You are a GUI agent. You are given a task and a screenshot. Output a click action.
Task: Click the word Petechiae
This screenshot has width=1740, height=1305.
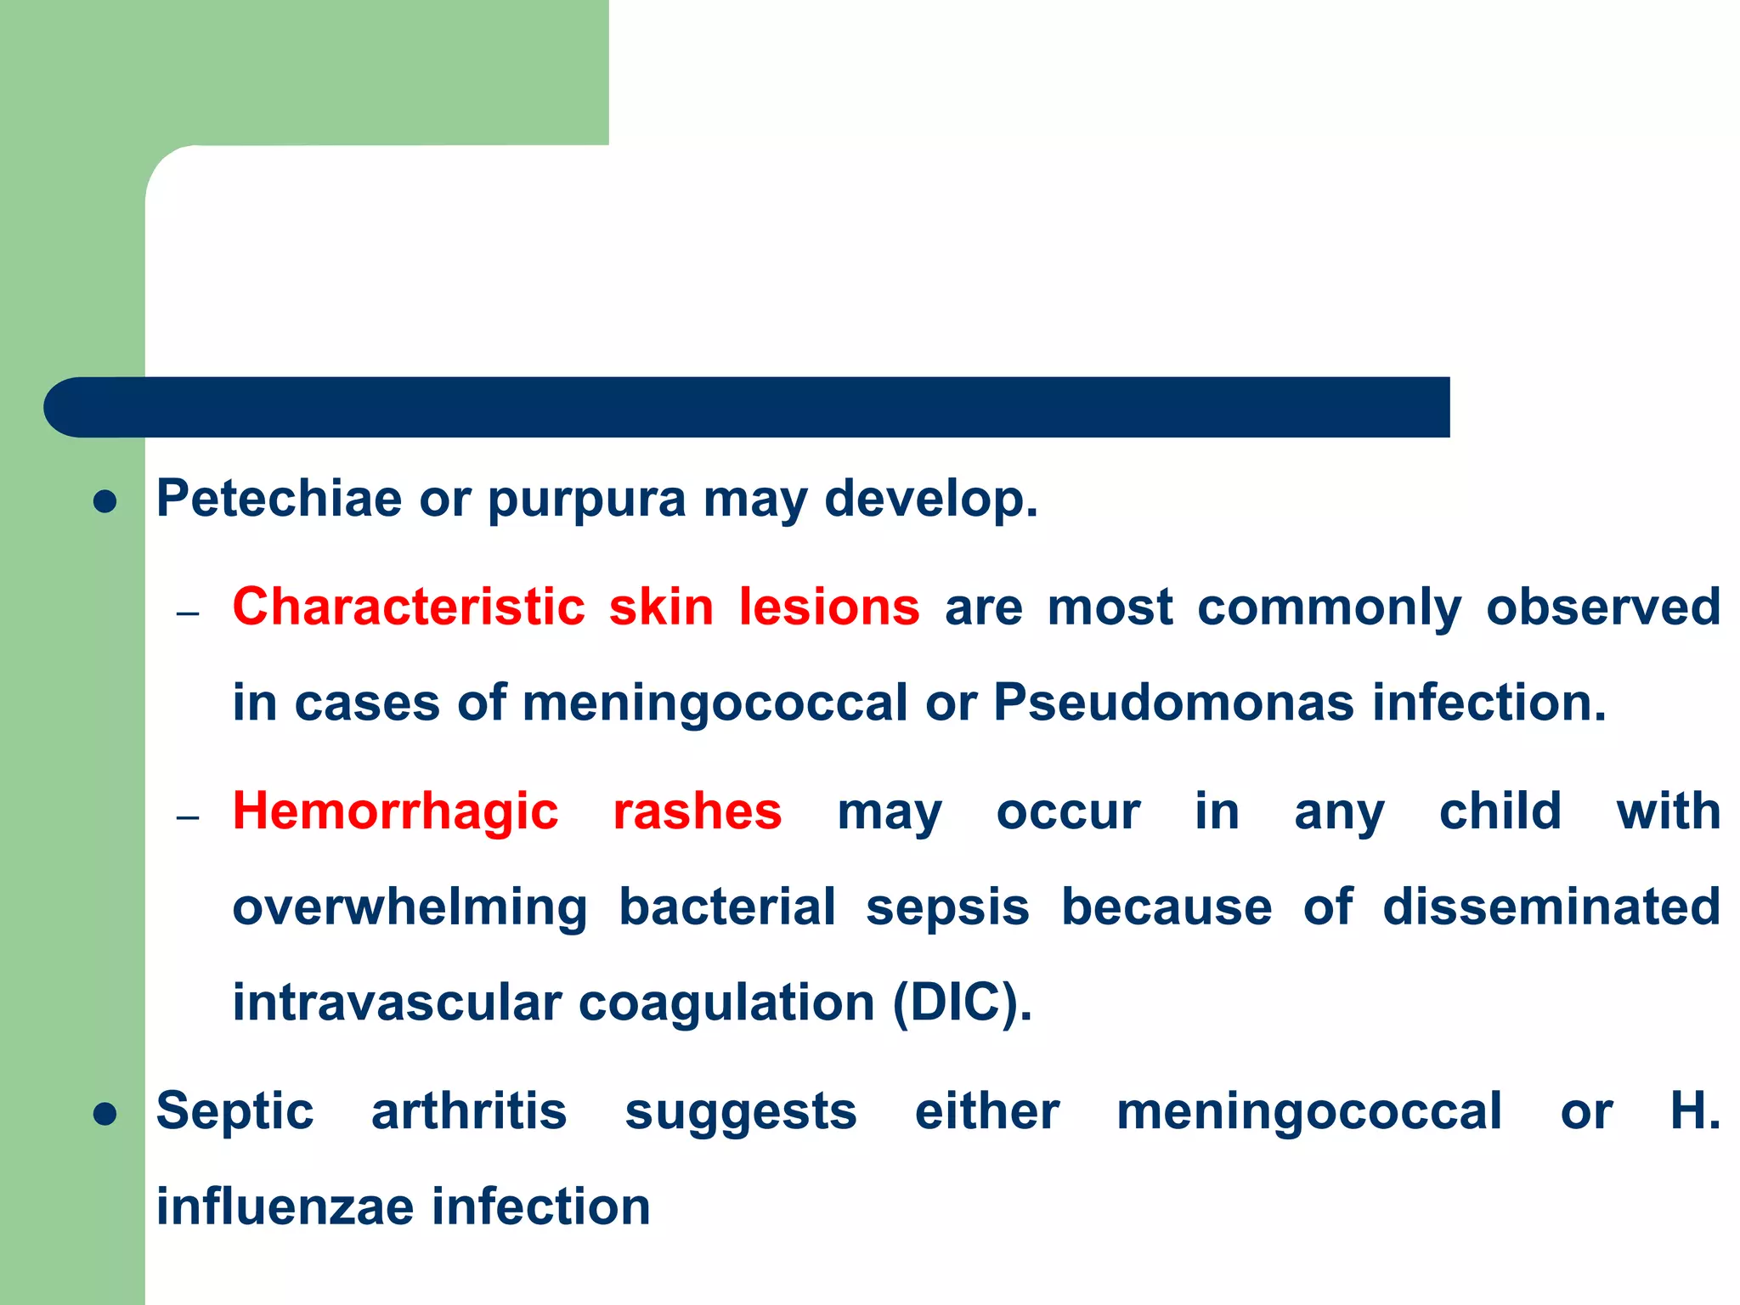pyautogui.click(x=279, y=499)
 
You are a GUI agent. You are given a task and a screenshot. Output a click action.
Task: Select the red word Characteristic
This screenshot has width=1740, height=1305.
pyautogui.click(x=409, y=607)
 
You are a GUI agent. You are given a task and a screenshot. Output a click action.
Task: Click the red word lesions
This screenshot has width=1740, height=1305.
pyautogui.click(x=828, y=607)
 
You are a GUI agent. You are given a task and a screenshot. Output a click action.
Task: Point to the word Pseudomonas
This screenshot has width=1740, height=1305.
pyautogui.click(x=1173, y=703)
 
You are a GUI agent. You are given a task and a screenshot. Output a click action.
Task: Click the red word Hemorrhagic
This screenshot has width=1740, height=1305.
pyautogui.click(x=395, y=812)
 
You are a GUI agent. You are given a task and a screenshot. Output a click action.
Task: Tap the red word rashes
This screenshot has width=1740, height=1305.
pyautogui.click(x=697, y=812)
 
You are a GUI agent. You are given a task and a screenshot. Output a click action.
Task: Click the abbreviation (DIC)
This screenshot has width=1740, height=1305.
pyautogui.click(x=962, y=1003)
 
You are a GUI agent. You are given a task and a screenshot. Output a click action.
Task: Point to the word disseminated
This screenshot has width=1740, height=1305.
pyautogui.click(x=1551, y=907)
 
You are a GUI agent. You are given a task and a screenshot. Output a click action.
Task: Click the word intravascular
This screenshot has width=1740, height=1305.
pyautogui.click(x=397, y=1003)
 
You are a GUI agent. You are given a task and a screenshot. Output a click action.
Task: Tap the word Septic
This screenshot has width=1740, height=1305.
pyautogui.click(x=234, y=1113)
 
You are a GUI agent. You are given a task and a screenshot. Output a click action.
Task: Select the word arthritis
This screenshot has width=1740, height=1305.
pyautogui.click(x=469, y=1111)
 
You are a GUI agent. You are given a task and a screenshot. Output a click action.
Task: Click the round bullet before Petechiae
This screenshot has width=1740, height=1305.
pyautogui.click(x=105, y=501)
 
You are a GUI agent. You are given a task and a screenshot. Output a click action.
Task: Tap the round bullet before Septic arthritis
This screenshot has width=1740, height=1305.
pyautogui.click(x=105, y=1114)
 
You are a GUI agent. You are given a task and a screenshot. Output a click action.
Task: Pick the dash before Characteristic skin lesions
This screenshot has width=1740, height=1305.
pyautogui.click(x=188, y=613)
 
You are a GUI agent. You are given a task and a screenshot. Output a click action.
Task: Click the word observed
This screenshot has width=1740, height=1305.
pyautogui.click(x=1602, y=607)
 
